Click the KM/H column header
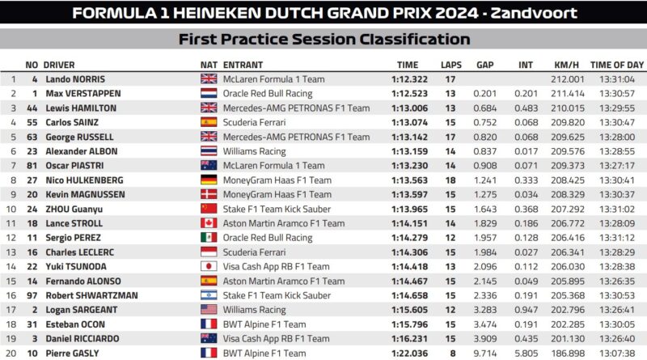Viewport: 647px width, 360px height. [566, 65]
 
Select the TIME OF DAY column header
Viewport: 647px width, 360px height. [617, 65]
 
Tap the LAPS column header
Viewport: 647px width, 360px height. [451, 65]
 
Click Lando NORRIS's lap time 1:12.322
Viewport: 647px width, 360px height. [409, 79]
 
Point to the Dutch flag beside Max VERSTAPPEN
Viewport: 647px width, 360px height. [209, 93]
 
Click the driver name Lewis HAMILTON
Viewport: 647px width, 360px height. [81, 108]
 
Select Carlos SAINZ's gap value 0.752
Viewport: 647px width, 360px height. [484, 123]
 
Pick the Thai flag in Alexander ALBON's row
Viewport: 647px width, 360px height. [209, 151]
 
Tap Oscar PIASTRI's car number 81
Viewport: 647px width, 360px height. [32, 166]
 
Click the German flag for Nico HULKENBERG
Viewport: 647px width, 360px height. [209, 180]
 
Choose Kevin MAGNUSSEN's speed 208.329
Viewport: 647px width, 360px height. [568, 194]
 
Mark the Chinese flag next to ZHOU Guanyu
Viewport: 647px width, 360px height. [209, 209]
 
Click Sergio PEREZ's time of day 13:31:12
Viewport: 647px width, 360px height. [617, 238]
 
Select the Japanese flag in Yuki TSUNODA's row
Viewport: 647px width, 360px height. [209, 266]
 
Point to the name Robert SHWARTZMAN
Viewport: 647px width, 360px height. [91, 295]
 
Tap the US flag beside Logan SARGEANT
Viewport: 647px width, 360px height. [209, 310]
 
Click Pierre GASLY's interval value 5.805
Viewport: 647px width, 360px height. [526, 354]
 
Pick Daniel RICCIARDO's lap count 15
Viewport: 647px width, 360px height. [450, 339]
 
